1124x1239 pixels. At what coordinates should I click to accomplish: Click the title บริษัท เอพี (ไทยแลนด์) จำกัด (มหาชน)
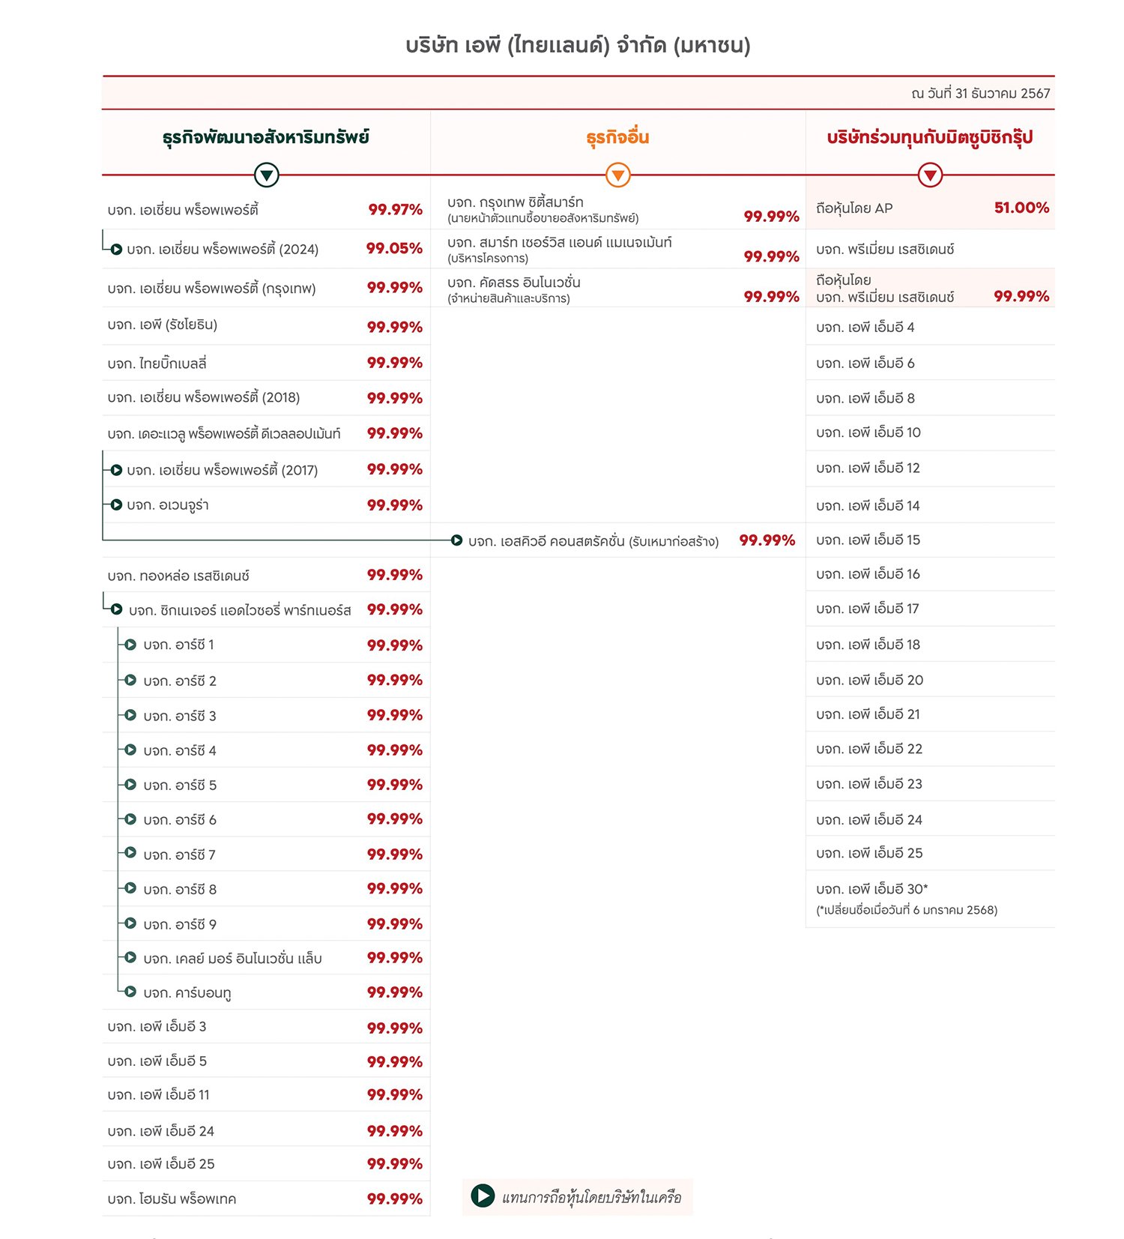578,46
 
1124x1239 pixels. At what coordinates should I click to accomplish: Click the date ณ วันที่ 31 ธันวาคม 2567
980,94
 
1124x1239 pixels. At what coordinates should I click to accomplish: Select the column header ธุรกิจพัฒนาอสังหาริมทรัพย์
265,138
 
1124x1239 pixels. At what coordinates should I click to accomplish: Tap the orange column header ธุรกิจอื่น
617,138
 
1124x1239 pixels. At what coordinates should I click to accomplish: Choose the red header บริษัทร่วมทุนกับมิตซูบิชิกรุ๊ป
929,138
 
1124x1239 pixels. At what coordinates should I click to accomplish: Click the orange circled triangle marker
617,175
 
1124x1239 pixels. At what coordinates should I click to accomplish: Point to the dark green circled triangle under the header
266,175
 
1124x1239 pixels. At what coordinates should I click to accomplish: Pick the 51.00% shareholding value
1021,208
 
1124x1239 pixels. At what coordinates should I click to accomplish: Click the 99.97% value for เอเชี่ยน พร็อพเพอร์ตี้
395,210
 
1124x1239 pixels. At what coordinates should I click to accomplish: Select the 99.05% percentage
394,249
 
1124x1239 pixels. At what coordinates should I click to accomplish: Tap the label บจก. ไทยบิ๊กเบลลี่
157,364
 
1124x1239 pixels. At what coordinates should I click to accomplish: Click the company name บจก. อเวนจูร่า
168,505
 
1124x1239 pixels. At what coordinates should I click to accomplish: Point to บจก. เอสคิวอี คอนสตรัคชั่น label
593,541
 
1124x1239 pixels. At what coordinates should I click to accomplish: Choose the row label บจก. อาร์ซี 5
180,786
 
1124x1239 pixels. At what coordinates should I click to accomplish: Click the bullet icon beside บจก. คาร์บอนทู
130,992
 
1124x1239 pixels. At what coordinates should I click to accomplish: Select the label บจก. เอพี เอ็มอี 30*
871,890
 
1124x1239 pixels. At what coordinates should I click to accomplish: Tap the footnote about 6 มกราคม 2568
907,910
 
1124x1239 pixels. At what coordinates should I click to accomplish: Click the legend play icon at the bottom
483,1196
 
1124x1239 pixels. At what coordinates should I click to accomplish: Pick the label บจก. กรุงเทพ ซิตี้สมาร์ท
515,202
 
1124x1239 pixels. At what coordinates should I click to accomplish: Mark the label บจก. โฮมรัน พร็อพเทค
172,1199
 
